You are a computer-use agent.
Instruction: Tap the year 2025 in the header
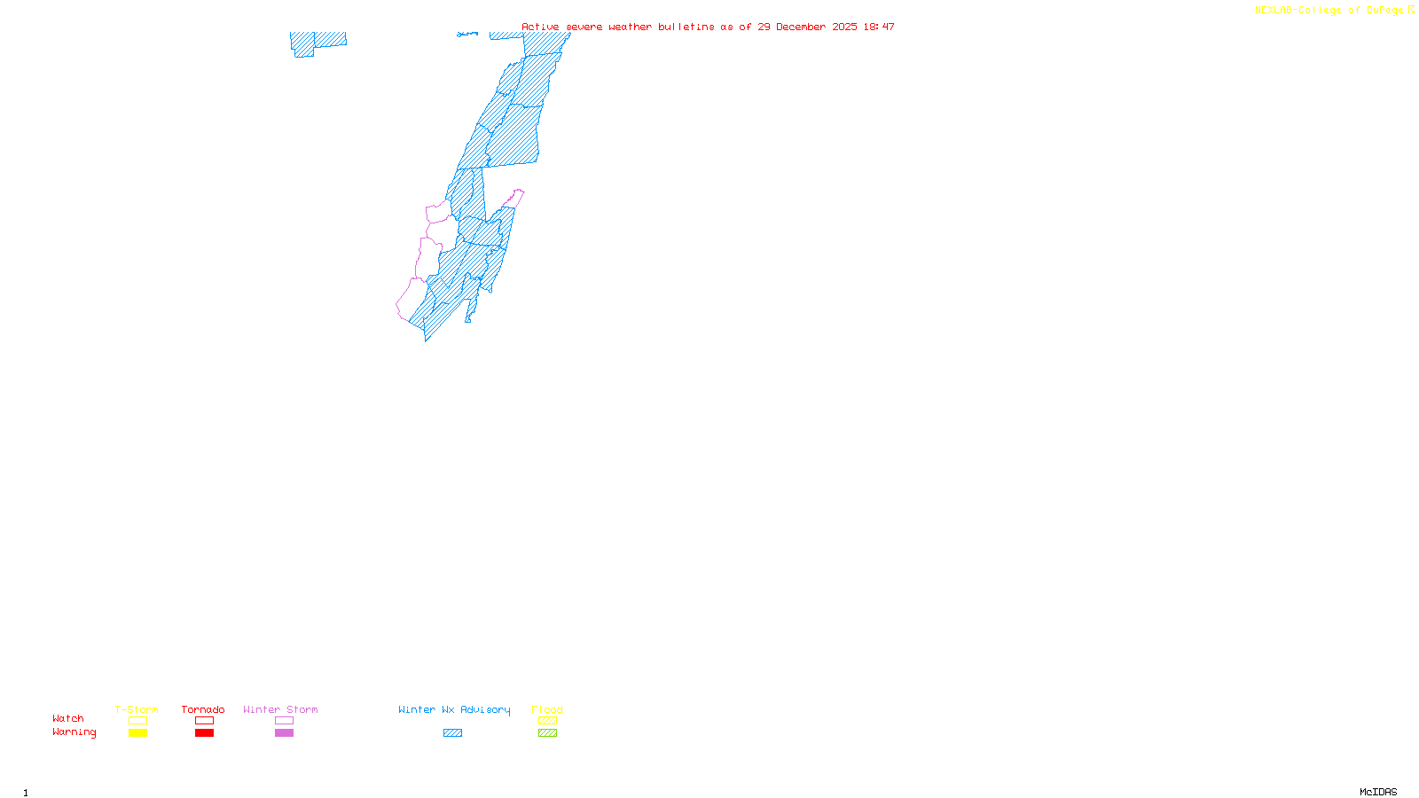coord(844,27)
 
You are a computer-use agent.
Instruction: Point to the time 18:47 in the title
coord(879,27)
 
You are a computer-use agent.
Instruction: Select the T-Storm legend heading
coord(137,709)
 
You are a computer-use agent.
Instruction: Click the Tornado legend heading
coord(203,709)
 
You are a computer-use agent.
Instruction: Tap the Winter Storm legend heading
coord(280,709)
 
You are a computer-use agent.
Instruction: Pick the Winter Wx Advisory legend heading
coord(454,709)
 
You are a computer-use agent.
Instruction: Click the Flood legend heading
coord(547,709)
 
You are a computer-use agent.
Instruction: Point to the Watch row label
coord(68,718)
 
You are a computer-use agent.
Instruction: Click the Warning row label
coord(74,732)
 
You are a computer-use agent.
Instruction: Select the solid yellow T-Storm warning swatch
coord(137,733)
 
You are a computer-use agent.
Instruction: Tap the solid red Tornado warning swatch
coord(204,733)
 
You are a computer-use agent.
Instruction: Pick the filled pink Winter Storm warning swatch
coord(284,733)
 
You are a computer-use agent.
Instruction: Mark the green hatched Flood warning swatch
coord(547,733)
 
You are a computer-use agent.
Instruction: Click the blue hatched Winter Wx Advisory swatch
coord(452,733)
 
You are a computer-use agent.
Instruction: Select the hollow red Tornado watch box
coord(204,721)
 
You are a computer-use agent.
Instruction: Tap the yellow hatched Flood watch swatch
coord(547,721)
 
